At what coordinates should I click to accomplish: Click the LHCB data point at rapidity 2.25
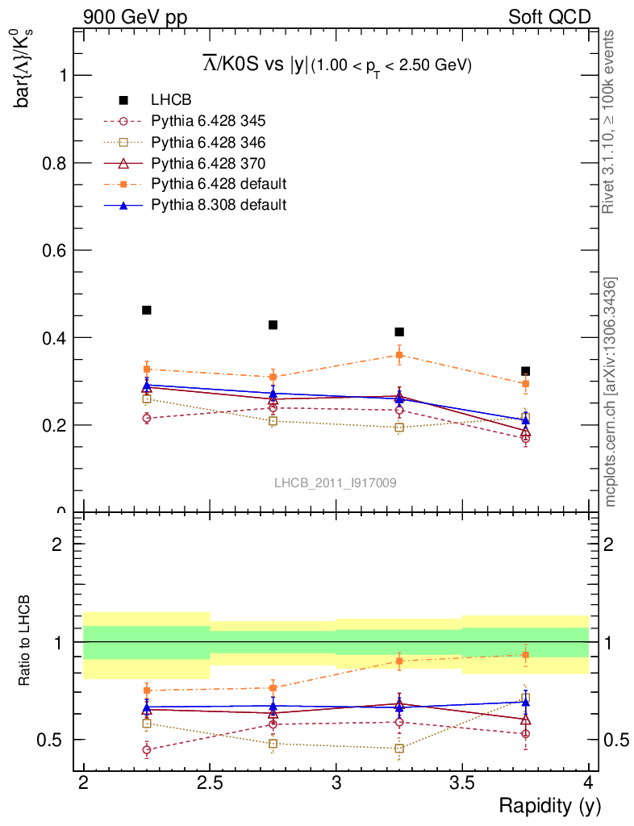(x=147, y=310)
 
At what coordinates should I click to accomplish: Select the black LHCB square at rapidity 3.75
(x=525, y=371)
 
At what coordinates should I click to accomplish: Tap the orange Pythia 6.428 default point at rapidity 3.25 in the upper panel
(x=399, y=355)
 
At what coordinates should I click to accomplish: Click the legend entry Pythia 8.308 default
(x=219, y=205)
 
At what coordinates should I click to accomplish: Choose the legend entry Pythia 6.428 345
(x=208, y=121)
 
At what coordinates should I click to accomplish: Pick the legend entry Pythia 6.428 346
(x=208, y=142)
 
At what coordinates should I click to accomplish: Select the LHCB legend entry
(x=171, y=100)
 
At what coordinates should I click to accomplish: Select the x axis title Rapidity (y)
(x=549, y=805)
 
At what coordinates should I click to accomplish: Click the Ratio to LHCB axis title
(x=25, y=641)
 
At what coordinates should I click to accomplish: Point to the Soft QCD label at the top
(x=549, y=17)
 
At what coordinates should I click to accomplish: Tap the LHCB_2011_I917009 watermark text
(x=335, y=483)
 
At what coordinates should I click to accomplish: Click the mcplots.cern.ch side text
(x=611, y=392)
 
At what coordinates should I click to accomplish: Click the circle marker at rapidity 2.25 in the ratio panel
(x=147, y=750)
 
